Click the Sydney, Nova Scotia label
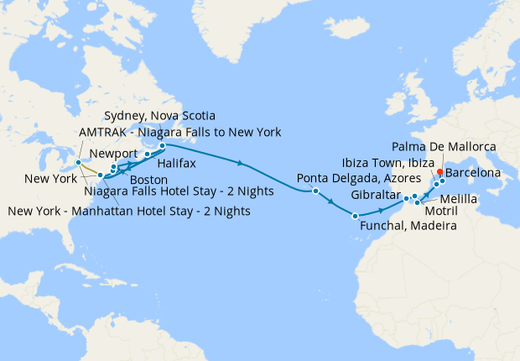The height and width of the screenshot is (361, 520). (x=159, y=115)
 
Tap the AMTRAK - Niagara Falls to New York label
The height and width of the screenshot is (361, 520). (x=179, y=133)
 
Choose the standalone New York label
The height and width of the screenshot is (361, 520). (x=49, y=180)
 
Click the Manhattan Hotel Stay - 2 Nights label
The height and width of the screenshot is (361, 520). (x=128, y=211)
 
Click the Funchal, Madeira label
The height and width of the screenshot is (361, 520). (x=408, y=227)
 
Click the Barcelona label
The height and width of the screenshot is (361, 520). (x=473, y=173)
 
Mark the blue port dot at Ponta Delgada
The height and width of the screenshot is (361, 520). (x=315, y=191)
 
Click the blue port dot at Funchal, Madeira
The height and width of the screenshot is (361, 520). (x=356, y=217)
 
